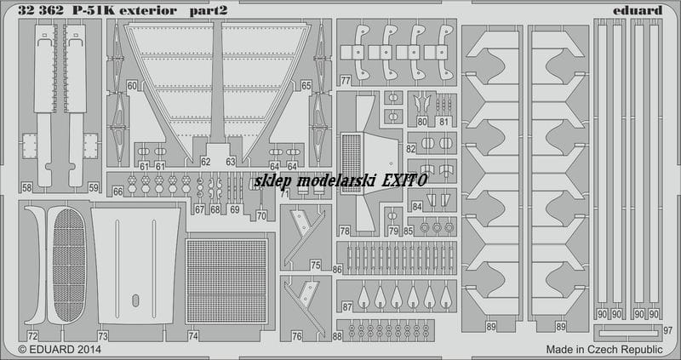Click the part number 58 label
[x=26, y=188]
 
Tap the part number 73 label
[x=102, y=335]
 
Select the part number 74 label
[x=193, y=335]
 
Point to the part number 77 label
[x=346, y=80]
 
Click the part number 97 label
[x=668, y=330]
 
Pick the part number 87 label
[x=347, y=307]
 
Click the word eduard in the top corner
[x=638, y=10]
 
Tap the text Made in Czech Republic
[x=604, y=350]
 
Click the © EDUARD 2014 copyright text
[x=60, y=350]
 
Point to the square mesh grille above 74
[x=226, y=281]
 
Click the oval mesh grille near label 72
[x=70, y=265]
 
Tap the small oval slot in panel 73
[x=135, y=300]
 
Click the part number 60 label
[x=132, y=86]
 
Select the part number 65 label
[x=306, y=86]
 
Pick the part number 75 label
[x=316, y=265]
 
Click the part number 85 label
[x=409, y=231]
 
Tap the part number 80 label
[x=421, y=122]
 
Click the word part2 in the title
[x=208, y=11]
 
